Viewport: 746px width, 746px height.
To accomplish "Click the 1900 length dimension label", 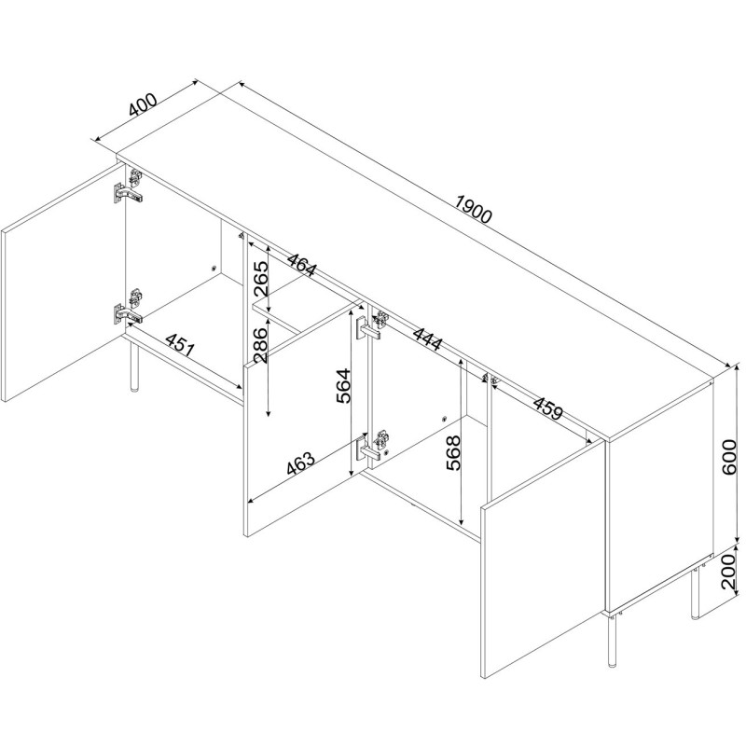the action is (473, 209).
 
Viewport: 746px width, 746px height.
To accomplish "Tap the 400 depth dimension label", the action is (143, 105).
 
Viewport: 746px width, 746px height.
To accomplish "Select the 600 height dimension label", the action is (729, 457).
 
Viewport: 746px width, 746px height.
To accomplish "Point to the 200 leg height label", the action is (729, 572).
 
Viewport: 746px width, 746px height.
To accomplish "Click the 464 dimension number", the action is (300, 263).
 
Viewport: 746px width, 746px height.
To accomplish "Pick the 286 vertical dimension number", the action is (261, 345).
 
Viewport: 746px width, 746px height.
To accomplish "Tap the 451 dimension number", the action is (180, 344).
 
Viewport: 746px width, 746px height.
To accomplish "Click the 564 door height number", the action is (343, 386).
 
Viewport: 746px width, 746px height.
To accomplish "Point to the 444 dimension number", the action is (427, 338).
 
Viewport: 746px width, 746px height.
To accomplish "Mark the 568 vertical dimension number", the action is (453, 453).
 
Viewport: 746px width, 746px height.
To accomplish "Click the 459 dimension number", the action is (548, 408).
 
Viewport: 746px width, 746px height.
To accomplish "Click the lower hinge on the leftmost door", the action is (128, 309).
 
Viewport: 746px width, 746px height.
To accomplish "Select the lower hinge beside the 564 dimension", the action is (372, 446).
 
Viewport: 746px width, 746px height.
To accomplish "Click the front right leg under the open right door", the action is (612, 641).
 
